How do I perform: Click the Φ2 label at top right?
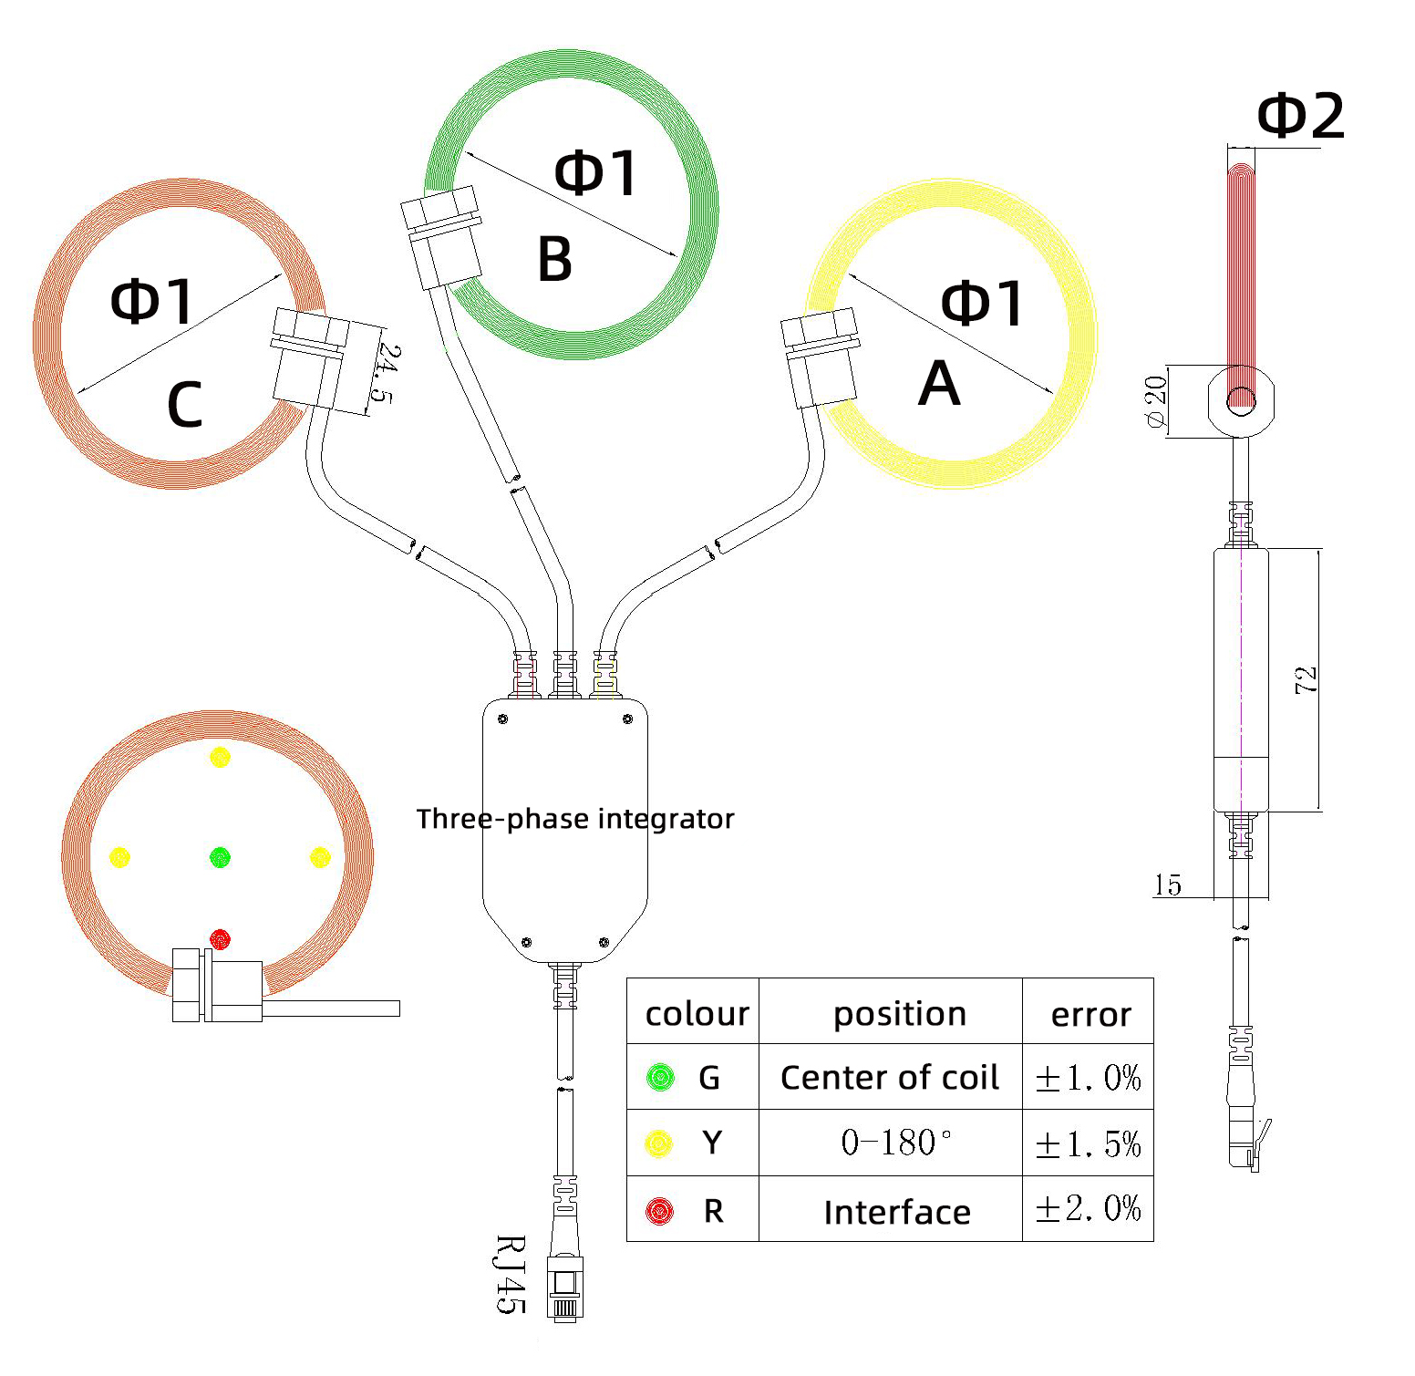tap(1300, 117)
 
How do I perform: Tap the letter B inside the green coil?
tap(555, 259)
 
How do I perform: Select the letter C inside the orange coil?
tap(184, 405)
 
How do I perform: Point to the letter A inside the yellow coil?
tap(939, 384)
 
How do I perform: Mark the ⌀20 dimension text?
tap(1155, 401)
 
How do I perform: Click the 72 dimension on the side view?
tap(1306, 679)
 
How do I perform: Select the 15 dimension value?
tap(1167, 885)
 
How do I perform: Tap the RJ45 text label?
tap(511, 1274)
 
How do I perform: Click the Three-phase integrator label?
tap(575, 819)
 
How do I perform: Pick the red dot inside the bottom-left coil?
tap(221, 938)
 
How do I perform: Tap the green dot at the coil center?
tap(221, 857)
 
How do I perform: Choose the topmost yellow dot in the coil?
tap(221, 757)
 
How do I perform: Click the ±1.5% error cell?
tap(1088, 1143)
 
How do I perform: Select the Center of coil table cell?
tap(890, 1078)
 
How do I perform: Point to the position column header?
tap(899, 1014)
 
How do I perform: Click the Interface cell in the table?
tap(897, 1212)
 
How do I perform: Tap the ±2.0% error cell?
tap(1088, 1209)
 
